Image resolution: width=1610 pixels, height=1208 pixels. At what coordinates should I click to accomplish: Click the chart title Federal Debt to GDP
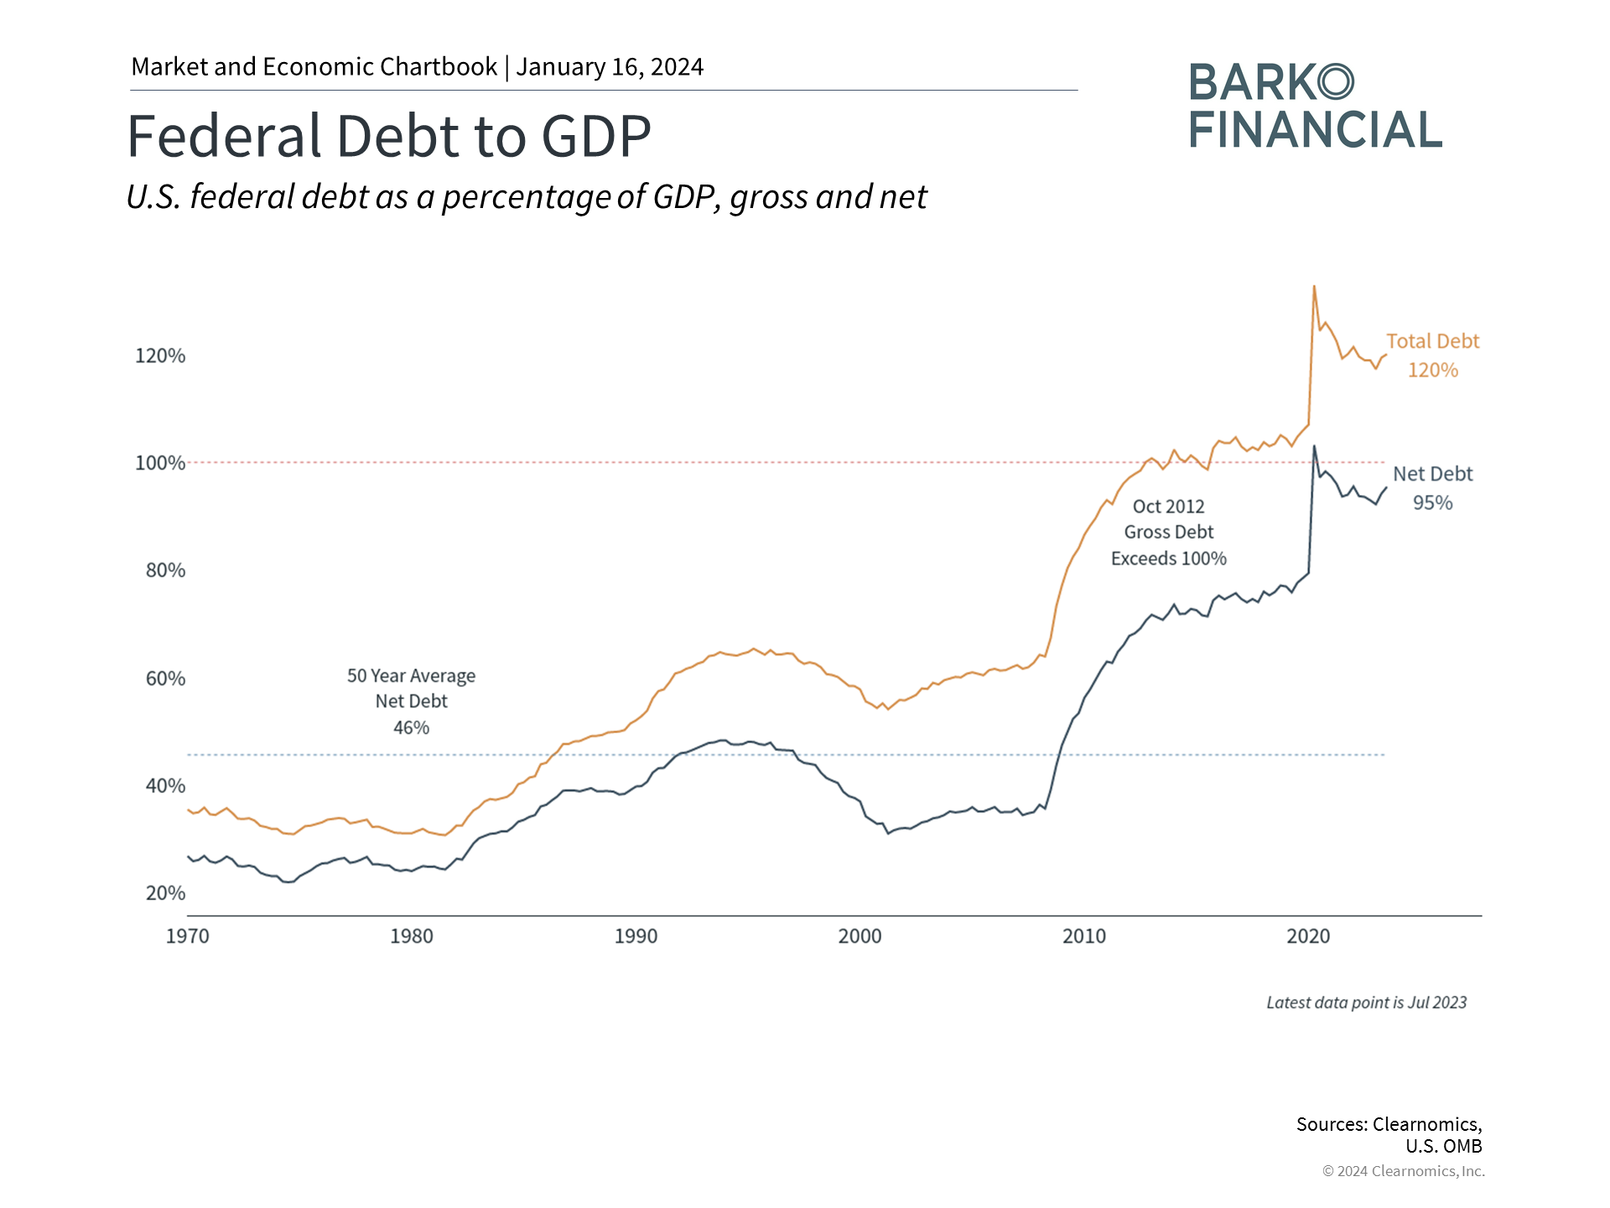click(x=388, y=136)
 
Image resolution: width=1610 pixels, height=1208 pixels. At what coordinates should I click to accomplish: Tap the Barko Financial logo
click(x=1314, y=107)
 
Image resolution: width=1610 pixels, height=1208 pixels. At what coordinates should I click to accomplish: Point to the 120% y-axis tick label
click(x=160, y=356)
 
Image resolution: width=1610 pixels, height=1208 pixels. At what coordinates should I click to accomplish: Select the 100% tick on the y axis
click(x=160, y=463)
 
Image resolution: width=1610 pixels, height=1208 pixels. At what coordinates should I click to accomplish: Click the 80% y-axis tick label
click(x=165, y=570)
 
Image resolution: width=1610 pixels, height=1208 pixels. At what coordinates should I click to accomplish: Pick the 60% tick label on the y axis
click(x=165, y=679)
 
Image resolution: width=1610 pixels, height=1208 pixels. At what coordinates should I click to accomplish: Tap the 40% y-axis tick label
click(x=165, y=786)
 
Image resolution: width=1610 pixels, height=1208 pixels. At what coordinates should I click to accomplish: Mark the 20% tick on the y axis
click(x=165, y=893)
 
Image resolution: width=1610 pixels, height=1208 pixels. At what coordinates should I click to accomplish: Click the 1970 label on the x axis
click(x=187, y=936)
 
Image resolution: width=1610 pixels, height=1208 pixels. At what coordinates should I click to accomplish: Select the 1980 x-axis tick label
click(x=412, y=936)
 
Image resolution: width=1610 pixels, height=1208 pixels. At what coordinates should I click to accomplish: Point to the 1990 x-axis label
click(x=636, y=936)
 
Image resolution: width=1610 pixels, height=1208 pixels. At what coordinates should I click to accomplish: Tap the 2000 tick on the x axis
click(x=860, y=936)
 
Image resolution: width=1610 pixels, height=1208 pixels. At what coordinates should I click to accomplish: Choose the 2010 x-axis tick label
click(x=1084, y=936)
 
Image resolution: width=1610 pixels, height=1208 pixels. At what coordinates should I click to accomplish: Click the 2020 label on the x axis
click(x=1308, y=936)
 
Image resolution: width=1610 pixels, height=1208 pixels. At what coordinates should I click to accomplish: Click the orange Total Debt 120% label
click(x=1432, y=356)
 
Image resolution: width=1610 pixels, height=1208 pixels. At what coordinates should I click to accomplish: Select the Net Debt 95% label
click(x=1432, y=488)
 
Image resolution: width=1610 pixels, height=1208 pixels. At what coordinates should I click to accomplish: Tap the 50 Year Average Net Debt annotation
click(x=411, y=701)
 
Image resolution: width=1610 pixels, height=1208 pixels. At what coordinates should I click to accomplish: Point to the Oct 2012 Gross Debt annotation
click(x=1168, y=532)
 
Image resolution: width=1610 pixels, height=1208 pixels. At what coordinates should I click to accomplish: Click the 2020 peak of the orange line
click(x=1314, y=287)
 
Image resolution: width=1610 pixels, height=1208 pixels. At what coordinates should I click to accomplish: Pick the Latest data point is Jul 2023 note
click(x=1366, y=1002)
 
